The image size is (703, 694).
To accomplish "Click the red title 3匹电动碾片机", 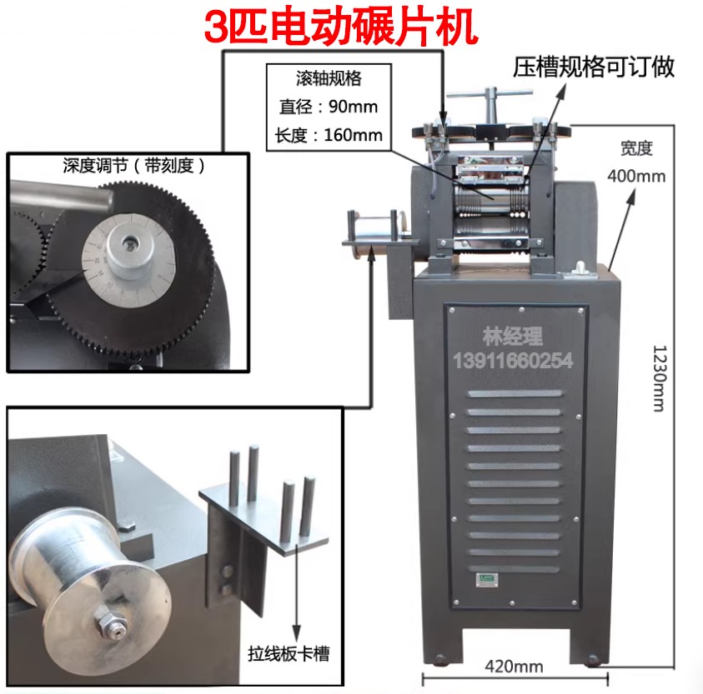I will click(341, 27).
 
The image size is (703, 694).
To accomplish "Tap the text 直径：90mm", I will click(328, 107).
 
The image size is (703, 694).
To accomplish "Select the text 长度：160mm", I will click(328, 133).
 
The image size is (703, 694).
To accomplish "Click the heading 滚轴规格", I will click(328, 80).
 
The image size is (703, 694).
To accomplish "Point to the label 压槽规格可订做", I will click(593, 67).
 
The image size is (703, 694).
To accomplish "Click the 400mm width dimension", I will click(636, 176).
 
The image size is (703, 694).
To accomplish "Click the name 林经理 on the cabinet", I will click(512, 337).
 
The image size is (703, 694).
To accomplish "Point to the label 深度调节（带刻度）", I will click(133, 166).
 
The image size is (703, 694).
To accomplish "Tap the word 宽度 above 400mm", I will click(635, 150).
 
